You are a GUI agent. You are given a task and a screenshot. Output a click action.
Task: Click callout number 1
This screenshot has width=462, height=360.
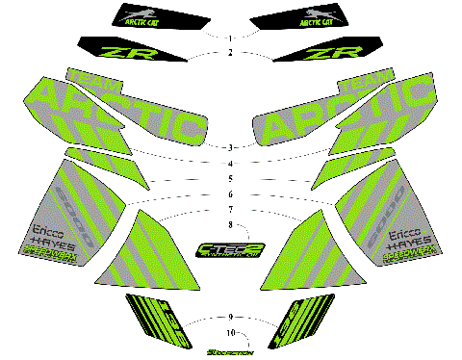(231, 38)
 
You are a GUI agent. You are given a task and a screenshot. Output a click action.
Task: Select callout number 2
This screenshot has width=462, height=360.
(231, 53)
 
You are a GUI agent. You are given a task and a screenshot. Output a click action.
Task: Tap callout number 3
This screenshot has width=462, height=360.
(231, 147)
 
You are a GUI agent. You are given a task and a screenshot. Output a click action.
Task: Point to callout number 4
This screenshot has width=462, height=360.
(231, 163)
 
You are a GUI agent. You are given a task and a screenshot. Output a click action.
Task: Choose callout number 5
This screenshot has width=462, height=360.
(231, 179)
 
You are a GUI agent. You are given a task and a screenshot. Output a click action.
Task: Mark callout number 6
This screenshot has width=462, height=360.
(231, 194)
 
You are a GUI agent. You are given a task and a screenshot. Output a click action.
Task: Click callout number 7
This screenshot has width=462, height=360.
(231, 210)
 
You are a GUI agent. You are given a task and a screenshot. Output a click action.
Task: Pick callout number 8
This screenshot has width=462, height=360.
(231, 225)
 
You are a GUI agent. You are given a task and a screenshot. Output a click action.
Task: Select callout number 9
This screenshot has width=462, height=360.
(231, 317)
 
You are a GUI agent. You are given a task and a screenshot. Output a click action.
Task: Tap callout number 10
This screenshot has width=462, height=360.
(231, 332)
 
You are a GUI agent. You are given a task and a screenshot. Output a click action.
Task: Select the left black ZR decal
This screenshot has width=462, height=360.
(120, 51)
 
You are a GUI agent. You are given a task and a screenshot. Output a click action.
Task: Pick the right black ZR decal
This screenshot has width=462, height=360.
(341, 51)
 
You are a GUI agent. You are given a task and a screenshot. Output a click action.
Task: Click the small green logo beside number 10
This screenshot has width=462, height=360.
(231, 352)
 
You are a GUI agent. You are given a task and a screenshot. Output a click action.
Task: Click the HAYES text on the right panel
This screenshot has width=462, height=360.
(407, 244)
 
